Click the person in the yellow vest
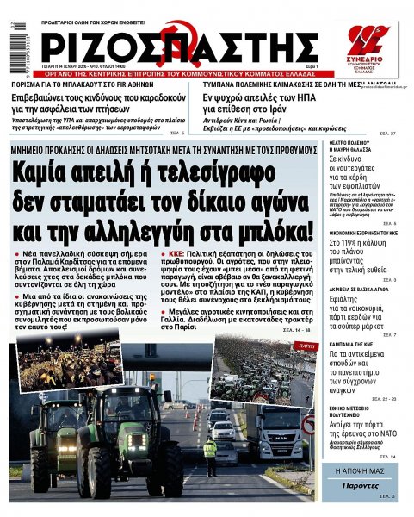209,455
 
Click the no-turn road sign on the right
307,424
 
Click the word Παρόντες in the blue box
361,486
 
